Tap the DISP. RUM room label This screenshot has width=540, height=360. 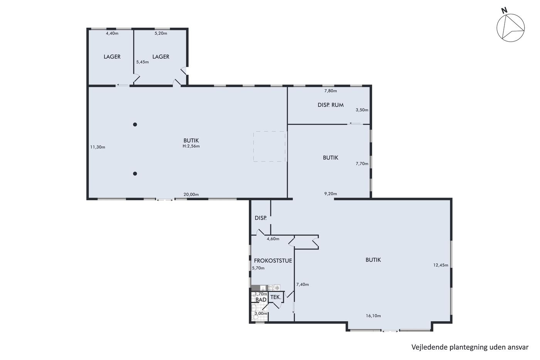pyautogui.click(x=331, y=105)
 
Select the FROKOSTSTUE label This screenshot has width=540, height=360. pyautogui.click(x=273, y=261)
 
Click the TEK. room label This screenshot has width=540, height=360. pyautogui.click(x=276, y=297)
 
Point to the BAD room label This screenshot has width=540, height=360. pyautogui.click(x=261, y=300)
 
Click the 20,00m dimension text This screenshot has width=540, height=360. pyautogui.click(x=191, y=194)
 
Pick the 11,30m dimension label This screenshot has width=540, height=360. pyautogui.click(x=98, y=147)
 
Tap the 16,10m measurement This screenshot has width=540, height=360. pyautogui.click(x=373, y=316)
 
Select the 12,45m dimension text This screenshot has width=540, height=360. pyautogui.click(x=440, y=265)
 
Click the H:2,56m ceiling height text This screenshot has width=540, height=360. pyautogui.click(x=191, y=146)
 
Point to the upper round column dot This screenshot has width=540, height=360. pyautogui.click(x=135, y=124)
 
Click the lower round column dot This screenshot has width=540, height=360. pyautogui.click(x=135, y=174)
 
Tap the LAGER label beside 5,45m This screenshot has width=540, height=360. pyautogui.click(x=161, y=57)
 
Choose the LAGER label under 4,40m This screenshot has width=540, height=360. pyautogui.click(x=112, y=57)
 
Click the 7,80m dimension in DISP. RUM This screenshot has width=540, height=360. pyautogui.click(x=331, y=91)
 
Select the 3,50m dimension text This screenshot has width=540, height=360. pyautogui.click(x=362, y=110)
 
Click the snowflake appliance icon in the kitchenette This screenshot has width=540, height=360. pyautogui.click(x=277, y=288)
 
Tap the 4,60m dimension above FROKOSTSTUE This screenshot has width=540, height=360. pyautogui.click(x=273, y=239)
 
